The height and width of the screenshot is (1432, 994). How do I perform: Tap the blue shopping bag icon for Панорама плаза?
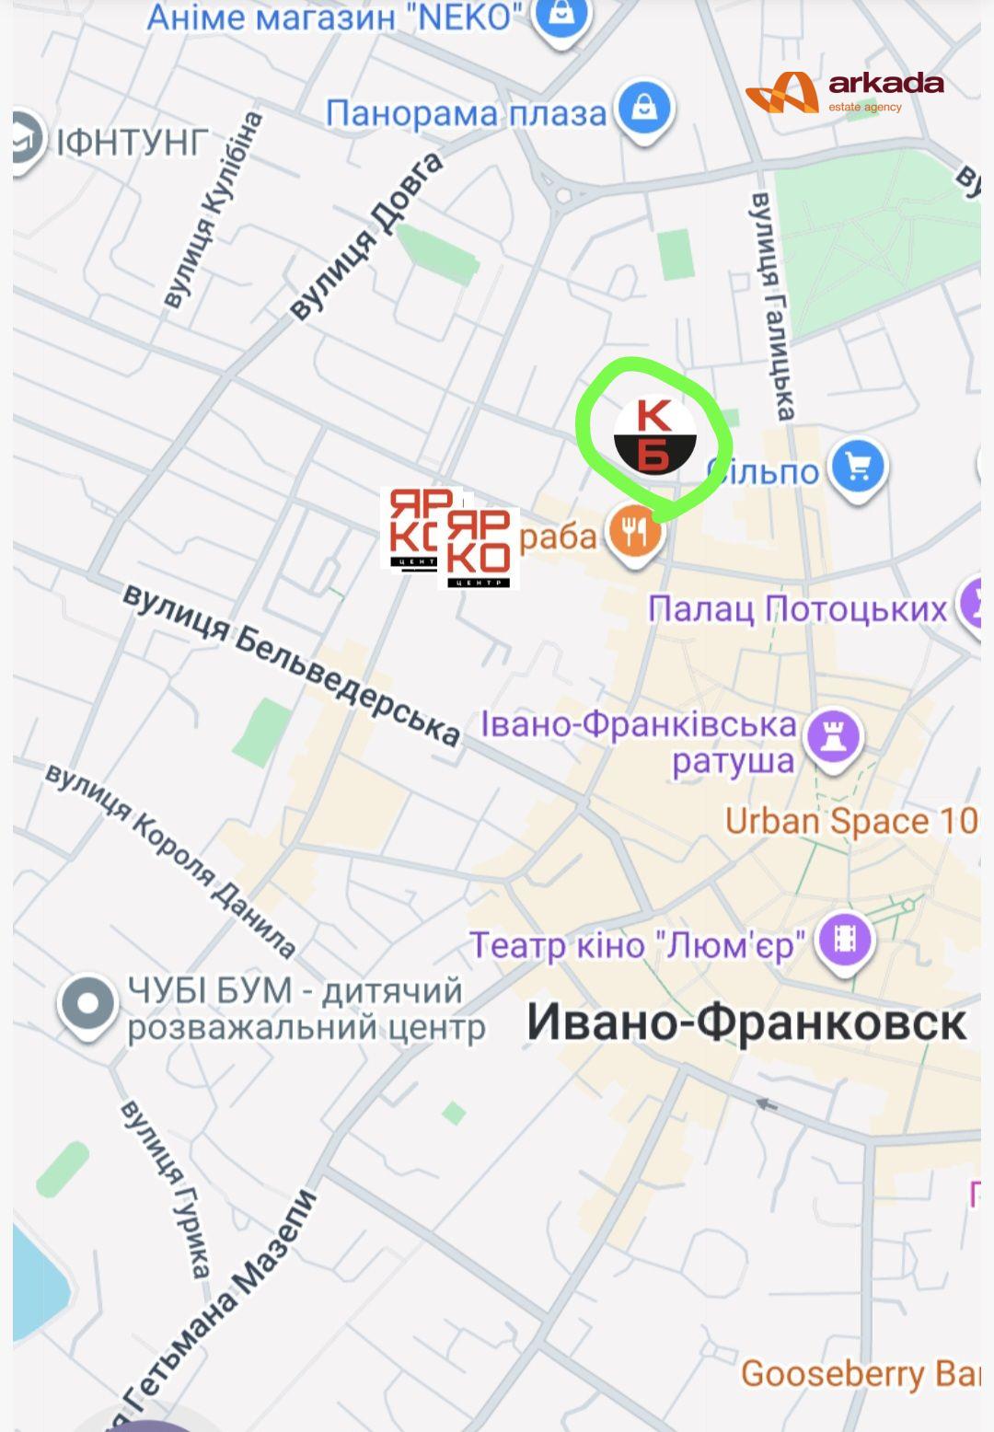pyautogui.click(x=645, y=109)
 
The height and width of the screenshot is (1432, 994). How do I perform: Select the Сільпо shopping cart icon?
pyautogui.click(x=858, y=468)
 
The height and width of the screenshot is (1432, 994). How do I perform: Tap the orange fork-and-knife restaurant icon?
pyautogui.click(x=634, y=532)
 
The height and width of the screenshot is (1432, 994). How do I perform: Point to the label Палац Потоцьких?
pyautogui.click(x=797, y=608)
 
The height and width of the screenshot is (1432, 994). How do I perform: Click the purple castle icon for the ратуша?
pyautogui.click(x=834, y=737)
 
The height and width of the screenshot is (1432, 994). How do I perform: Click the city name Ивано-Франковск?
pyautogui.click(x=745, y=1022)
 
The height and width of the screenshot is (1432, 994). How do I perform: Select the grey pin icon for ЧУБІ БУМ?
pyautogui.click(x=87, y=1005)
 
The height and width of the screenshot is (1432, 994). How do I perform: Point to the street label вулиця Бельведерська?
pyautogui.click(x=292, y=663)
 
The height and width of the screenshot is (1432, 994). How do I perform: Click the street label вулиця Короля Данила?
pyautogui.click(x=171, y=860)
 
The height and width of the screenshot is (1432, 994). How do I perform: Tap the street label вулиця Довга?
pyautogui.click(x=367, y=237)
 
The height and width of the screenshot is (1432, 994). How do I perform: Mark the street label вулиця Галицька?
pyautogui.click(x=772, y=306)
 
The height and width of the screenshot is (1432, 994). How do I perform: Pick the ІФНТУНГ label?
pyautogui.click(x=133, y=143)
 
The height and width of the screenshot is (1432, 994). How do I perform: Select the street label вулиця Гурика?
pyautogui.click(x=166, y=1188)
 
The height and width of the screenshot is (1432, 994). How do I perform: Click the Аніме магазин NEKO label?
pyautogui.click(x=334, y=17)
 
